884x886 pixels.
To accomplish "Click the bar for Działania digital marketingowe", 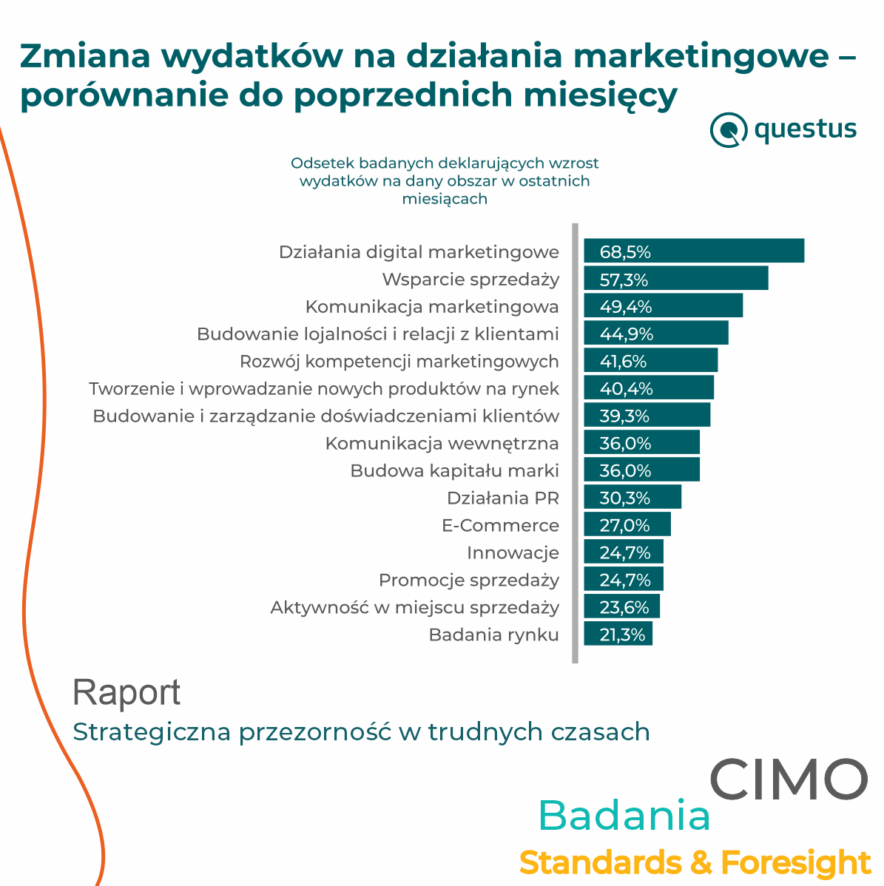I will [694, 251].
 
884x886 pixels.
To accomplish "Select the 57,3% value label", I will [624, 280].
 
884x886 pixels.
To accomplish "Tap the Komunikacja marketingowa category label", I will [432, 307].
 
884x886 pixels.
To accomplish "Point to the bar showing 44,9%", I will [656, 334].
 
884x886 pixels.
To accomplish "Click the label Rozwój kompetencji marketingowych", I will [399, 362].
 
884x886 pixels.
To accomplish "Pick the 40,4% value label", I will [626, 389].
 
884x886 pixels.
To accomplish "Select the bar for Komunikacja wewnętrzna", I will [641, 443].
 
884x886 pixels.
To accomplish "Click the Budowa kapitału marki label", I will [454, 471].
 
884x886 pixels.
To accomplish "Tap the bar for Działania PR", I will [632, 498].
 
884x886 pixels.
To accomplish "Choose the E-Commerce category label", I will [500, 526].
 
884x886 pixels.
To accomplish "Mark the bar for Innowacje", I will [624, 552].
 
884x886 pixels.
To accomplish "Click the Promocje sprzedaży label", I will [469, 581].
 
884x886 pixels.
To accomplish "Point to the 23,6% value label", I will [624, 608].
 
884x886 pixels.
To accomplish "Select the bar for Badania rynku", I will [618, 635].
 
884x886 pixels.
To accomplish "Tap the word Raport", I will [126, 693].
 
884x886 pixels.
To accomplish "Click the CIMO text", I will [789, 779].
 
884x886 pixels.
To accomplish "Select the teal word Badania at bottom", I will [624, 816].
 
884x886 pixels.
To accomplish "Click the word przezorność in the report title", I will [315, 732].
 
